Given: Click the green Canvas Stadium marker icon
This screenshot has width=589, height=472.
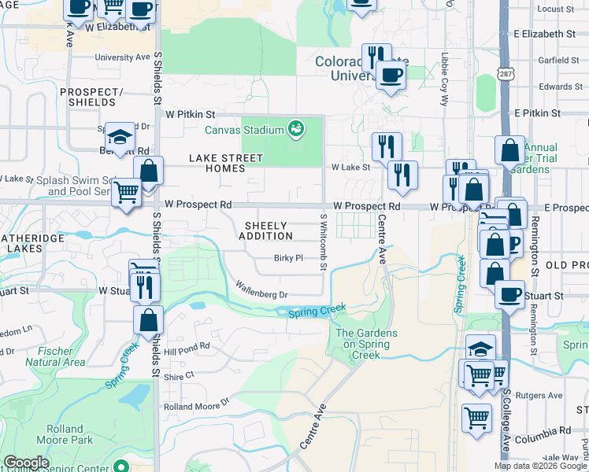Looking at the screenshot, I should point(296,128).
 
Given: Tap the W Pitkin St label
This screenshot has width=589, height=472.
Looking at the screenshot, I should point(190,113).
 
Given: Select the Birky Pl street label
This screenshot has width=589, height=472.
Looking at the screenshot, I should point(288,257).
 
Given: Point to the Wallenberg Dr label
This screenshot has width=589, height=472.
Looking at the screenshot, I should point(263,290).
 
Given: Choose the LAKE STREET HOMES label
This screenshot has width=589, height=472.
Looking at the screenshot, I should point(225,163).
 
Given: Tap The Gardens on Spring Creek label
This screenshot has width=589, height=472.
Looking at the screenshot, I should point(367,344).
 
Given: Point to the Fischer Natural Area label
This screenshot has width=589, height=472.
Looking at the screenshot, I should point(55,356).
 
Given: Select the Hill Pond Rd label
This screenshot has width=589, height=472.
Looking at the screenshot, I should point(187,345).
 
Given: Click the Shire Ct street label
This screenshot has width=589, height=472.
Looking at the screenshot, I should point(179,377).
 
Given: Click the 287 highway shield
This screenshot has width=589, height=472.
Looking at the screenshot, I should point(506,73).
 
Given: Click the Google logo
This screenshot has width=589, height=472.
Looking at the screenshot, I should point(26,463).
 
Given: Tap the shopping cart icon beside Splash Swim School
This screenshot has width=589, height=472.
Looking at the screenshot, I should point(126,193).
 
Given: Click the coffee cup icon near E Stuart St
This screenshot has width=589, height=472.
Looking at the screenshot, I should point(510,294).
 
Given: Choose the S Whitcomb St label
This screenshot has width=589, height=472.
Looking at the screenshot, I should point(323,242).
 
